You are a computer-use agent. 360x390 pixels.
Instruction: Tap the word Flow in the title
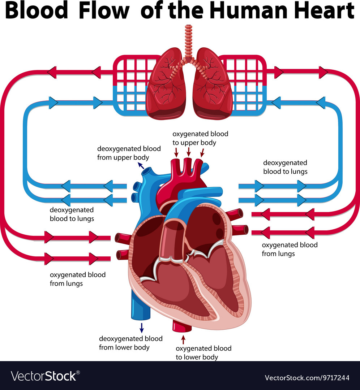pyautogui.click(x=104, y=10)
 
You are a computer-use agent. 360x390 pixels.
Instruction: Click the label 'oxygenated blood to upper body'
pyautogui.click(x=200, y=138)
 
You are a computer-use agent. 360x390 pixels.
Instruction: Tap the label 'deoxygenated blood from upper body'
pyautogui.click(x=129, y=153)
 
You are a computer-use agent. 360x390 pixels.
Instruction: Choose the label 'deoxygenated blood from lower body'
pyautogui.click(x=130, y=343)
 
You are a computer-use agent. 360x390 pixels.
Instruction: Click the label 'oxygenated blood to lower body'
pyautogui.click(x=203, y=353)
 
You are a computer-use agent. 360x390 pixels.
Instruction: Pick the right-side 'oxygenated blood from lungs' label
pyautogui.click(x=290, y=249)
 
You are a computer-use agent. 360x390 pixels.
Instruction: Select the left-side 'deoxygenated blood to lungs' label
pyautogui.click(x=72, y=214)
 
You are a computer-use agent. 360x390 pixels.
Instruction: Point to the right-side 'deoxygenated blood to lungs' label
pyautogui.click(x=285, y=167)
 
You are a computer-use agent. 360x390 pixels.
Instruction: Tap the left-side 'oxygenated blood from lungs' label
pyautogui.click(x=78, y=279)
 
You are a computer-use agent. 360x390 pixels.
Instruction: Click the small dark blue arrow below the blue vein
pyautogui.click(x=141, y=328)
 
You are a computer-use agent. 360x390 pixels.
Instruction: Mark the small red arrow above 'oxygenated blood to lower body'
pyautogui.click(x=183, y=339)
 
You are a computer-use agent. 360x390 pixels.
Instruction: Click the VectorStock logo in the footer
pyautogui.click(x=45, y=376)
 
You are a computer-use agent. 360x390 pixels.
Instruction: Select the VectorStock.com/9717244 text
pyautogui.click(x=307, y=378)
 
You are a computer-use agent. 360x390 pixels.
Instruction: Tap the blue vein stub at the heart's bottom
pyautogui.click(x=141, y=308)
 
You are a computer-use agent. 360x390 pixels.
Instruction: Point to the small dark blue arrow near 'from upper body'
pyautogui.click(x=141, y=166)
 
